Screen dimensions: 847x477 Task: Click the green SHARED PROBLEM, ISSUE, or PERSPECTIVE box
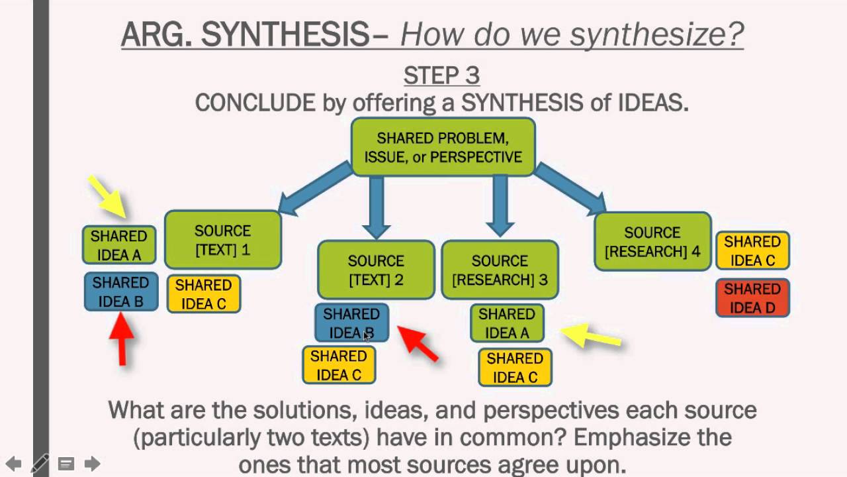[x=443, y=147]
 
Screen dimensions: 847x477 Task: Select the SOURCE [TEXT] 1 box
[x=223, y=240]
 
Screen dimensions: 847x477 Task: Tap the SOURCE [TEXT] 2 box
[x=376, y=270]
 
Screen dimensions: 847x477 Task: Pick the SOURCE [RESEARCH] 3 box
[x=500, y=270]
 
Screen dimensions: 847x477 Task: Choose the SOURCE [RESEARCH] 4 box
[x=652, y=241]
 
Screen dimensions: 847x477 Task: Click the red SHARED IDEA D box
[x=752, y=298]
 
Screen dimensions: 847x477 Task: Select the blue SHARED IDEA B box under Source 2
[x=351, y=323]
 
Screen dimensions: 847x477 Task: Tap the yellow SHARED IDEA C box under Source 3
[x=515, y=368]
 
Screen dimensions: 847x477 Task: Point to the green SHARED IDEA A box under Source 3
[x=507, y=323]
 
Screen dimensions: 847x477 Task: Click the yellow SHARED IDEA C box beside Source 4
[x=752, y=250]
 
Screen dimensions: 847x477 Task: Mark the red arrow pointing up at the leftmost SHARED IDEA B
[x=122, y=338]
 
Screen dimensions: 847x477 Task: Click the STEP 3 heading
[x=441, y=76]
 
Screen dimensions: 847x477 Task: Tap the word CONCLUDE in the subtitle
[x=255, y=103]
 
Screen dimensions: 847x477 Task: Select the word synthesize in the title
[x=656, y=34]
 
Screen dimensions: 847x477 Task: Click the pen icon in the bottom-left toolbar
[x=40, y=463]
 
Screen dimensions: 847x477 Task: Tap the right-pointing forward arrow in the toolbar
[x=92, y=463]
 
